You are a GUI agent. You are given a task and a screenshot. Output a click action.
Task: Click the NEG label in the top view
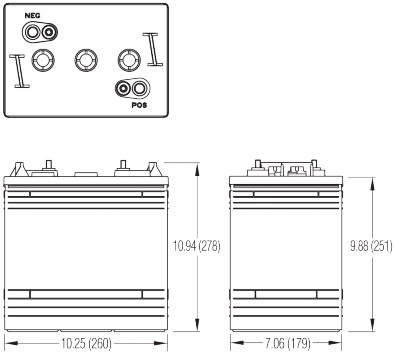[31, 17]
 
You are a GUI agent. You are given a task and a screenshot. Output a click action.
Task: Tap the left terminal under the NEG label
[30, 31]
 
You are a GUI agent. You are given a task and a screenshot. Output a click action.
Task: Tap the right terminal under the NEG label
[47, 31]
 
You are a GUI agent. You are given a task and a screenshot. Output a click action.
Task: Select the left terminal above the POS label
[123, 89]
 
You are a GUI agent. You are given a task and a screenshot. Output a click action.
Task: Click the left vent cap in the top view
[41, 60]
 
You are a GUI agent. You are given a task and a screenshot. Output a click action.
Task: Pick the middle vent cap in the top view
[84, 60]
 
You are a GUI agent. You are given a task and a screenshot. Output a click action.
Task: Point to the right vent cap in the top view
[127, 60]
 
